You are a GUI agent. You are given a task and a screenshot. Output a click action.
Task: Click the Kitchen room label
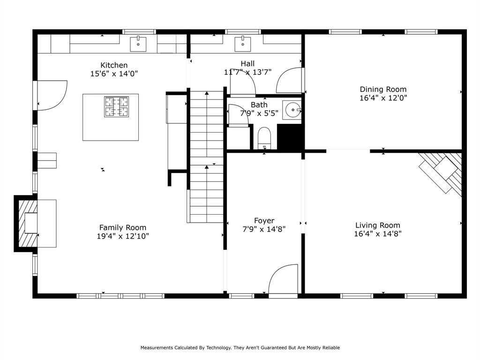(x=114, y=65)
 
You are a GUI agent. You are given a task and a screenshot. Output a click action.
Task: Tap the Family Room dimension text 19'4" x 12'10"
(x=123, y=236)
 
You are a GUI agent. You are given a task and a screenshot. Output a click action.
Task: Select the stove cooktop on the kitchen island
(x=117, y=106)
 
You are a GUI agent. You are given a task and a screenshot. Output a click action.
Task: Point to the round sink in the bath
(x=293, y=111)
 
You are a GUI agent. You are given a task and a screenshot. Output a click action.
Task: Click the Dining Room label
(x=383, y=89)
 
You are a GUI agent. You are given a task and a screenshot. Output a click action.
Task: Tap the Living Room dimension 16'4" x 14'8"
(x=378, y=233)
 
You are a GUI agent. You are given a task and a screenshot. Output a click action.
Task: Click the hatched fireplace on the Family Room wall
(x=27, y=223)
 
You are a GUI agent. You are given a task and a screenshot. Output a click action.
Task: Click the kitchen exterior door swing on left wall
(x=51, y=95)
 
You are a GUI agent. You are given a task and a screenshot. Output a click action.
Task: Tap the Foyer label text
(x=264, y=220)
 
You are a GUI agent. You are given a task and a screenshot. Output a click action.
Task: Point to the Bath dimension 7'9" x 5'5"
(x=259, y=113)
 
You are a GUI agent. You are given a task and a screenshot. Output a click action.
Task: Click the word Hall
(x=247, y=63)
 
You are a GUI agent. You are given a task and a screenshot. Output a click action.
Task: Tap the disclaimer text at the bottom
(x=240, y=347)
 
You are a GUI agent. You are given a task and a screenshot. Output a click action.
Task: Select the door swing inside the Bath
(x=238, y=115)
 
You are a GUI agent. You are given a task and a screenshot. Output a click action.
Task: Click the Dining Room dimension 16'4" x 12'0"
(x=383, y=98)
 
